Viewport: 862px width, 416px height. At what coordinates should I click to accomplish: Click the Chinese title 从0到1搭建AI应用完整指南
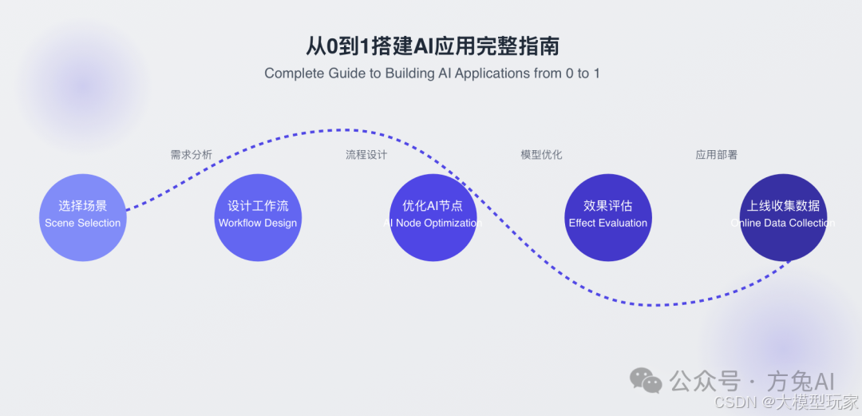click(432, 45)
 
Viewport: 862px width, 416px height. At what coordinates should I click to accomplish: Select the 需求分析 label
click(192, 155)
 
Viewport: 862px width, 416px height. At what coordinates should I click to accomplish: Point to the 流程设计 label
click(366, 155)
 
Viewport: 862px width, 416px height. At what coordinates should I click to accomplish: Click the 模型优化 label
click(541, 155)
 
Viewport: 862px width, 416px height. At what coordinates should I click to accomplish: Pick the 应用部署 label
click(716, 155)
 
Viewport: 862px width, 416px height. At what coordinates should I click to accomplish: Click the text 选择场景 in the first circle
click(83, 206)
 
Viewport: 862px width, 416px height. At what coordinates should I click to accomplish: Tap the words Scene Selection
click(83, 224)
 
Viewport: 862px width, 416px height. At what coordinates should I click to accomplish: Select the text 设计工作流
click(258, 206)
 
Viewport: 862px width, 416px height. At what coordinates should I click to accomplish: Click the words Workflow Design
click(258, 224)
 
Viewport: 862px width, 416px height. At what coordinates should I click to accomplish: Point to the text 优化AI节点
click(433, 206)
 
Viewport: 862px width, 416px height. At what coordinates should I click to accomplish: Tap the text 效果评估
click(608, 206)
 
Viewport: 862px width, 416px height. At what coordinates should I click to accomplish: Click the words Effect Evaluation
click(608, 224)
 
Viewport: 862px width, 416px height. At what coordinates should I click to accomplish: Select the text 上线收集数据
click(783, 206)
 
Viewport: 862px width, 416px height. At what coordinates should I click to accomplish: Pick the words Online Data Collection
click(783, 224)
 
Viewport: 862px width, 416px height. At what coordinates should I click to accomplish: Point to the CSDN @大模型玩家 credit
click(787, 402)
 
